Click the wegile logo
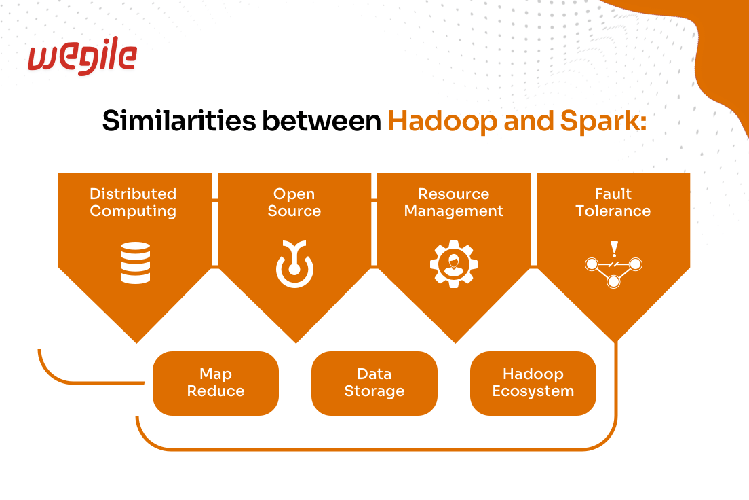82,56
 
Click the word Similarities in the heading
179,120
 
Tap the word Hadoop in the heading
442,122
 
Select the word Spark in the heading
603,120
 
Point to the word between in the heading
322,120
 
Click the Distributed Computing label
133,202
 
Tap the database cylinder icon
135,263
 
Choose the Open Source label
294,202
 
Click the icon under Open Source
294,264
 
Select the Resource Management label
454,202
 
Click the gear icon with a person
454,264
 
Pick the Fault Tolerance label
613,202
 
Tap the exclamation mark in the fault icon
614,249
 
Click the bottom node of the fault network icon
613,282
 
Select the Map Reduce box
216,383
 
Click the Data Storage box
374,383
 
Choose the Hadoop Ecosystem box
533,383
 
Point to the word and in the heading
529,120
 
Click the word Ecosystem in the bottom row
533,391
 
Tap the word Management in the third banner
454,211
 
